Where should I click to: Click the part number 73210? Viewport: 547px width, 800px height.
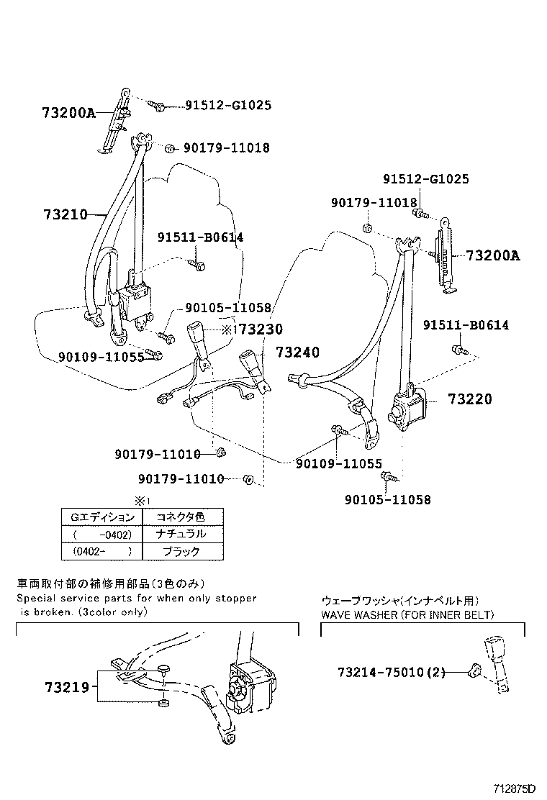tap(65, 214)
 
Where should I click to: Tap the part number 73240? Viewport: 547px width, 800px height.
tap(296, 352)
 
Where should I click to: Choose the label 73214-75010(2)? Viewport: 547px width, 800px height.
tap(392, 673)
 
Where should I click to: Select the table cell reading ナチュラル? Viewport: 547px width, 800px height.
tap(181, 534)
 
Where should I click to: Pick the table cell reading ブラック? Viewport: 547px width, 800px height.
tap(181, 552)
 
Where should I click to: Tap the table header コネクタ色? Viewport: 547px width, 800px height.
tap(181, 517)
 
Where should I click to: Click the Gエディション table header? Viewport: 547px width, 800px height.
tap(101, 517)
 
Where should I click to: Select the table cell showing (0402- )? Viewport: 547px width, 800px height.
tap(101, 552)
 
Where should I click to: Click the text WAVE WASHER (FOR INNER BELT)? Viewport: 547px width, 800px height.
tap(407, 614)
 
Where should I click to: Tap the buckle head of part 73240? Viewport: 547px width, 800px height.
tap(252, 360)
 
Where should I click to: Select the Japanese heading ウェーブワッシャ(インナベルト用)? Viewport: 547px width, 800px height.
tap(400, 600)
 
